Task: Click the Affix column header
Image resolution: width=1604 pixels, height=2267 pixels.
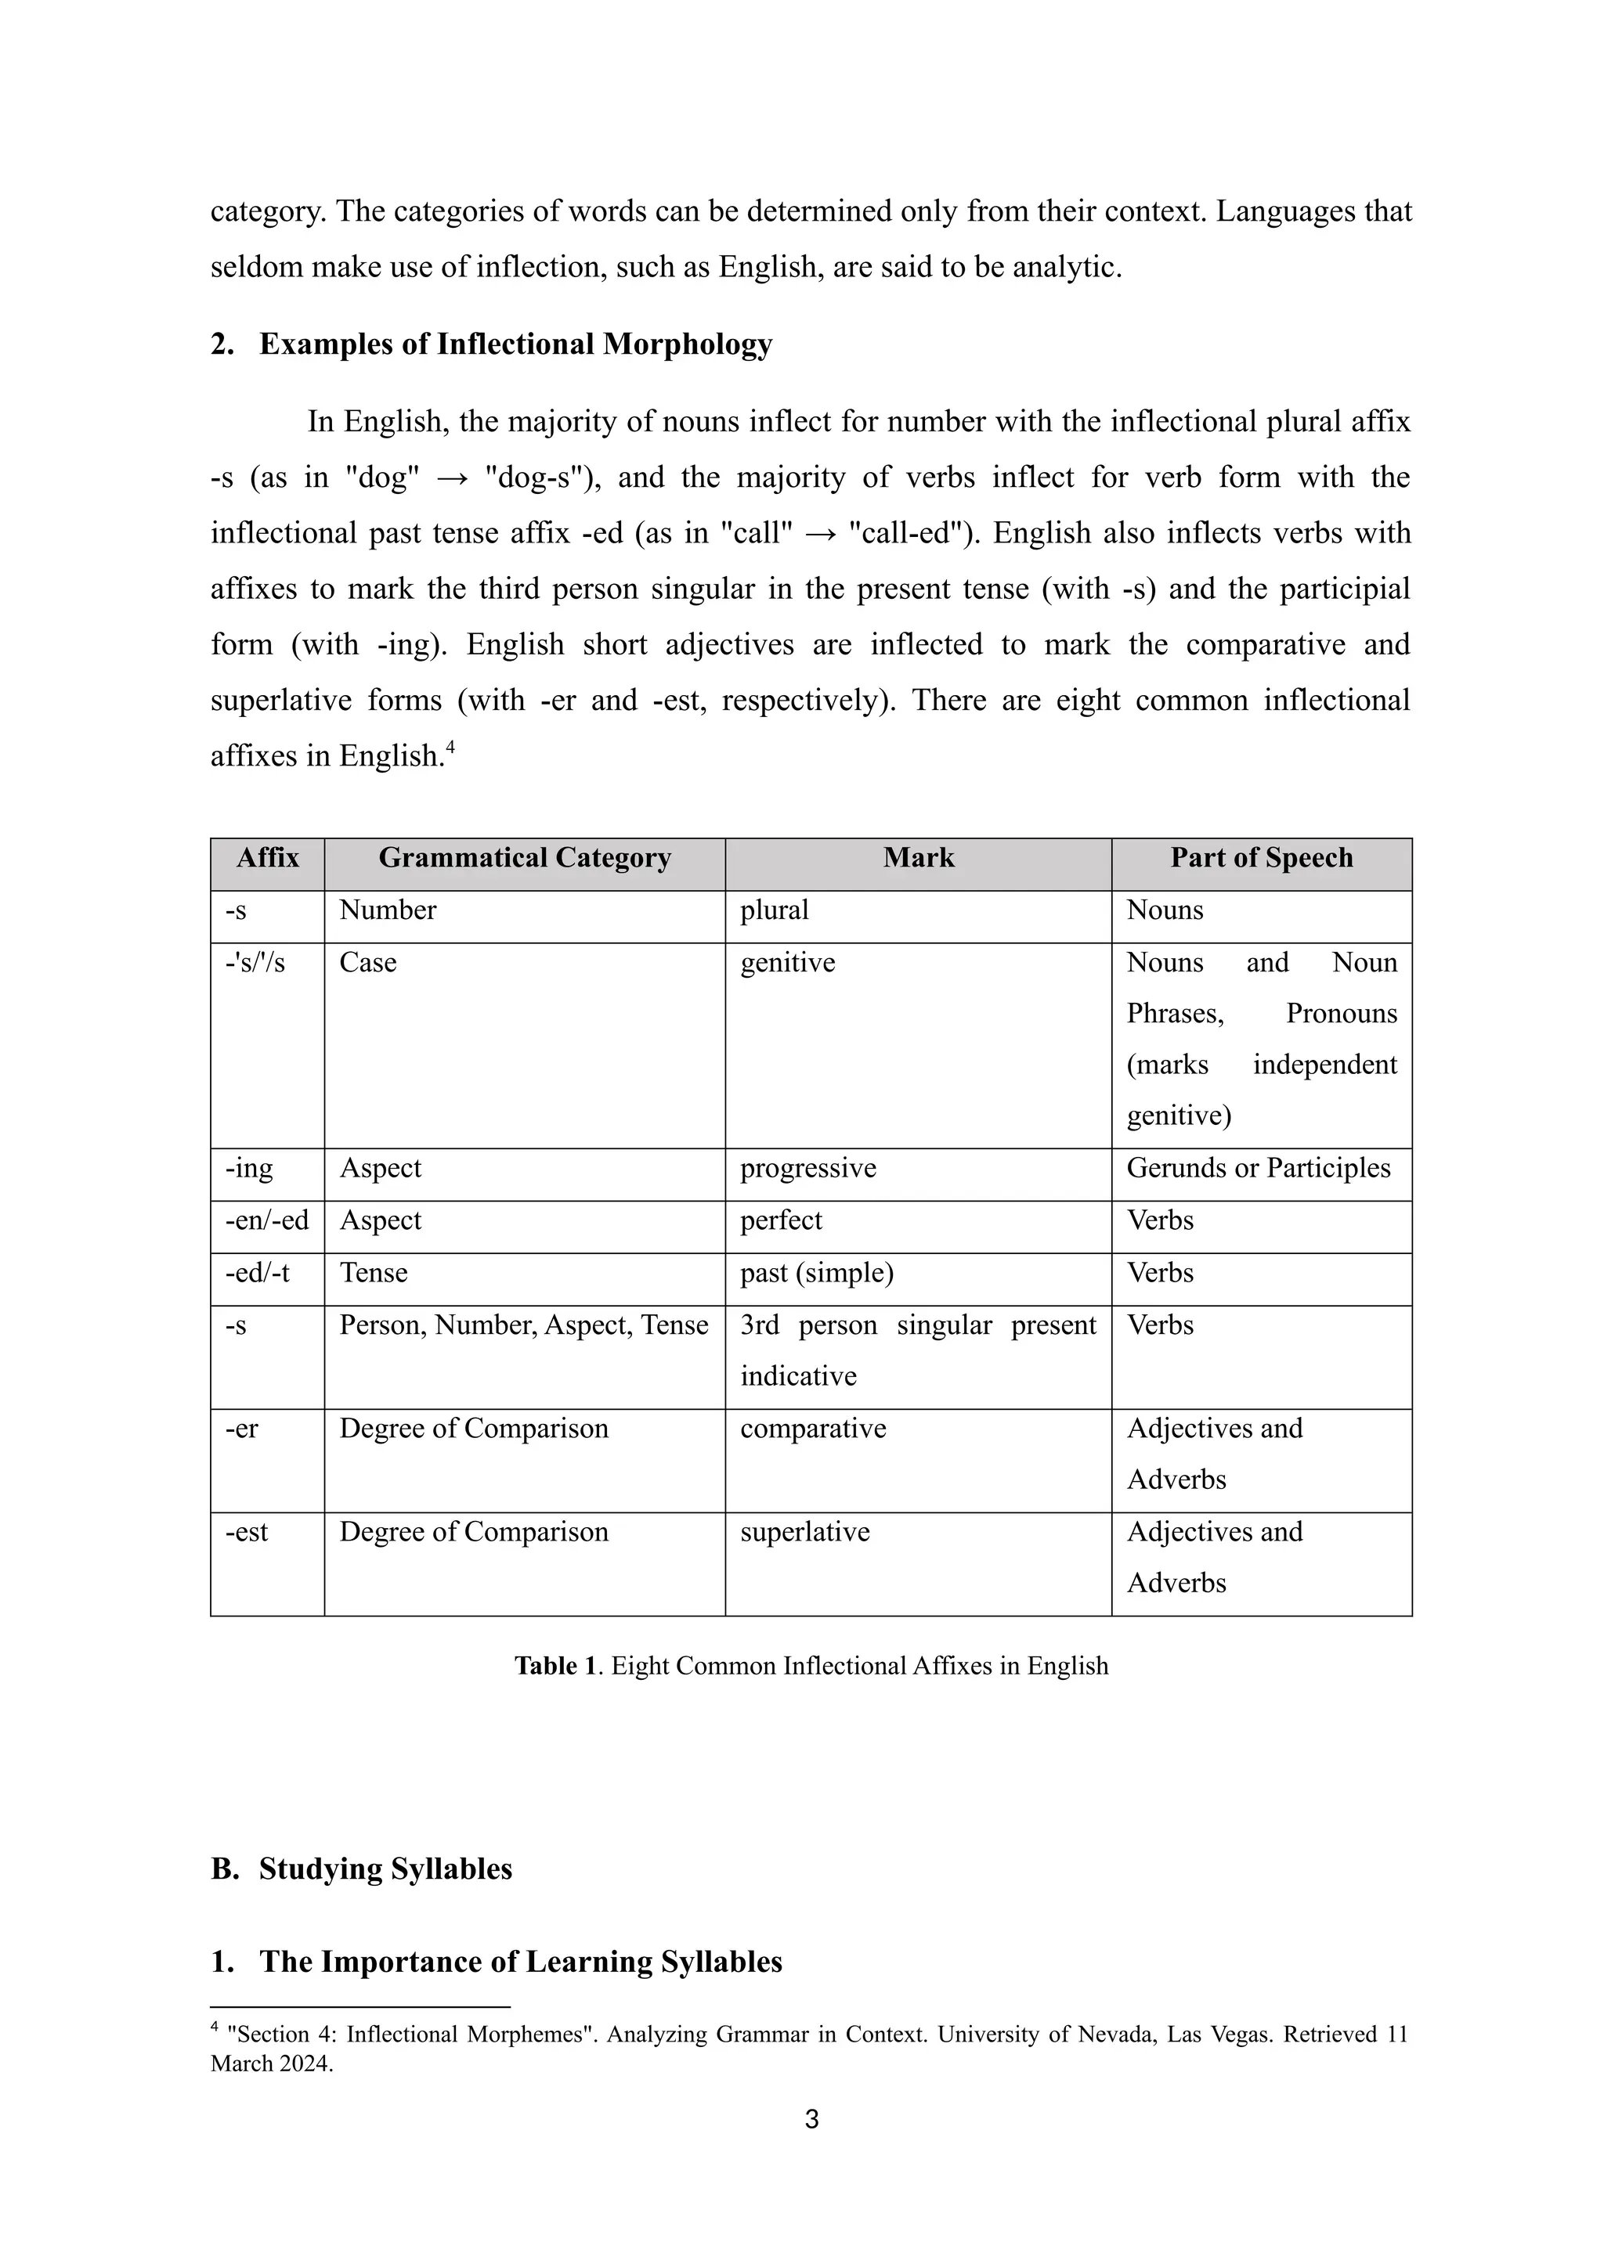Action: click(x=266, y=857)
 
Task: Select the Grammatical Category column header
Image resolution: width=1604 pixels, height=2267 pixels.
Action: click(x=525, y=857)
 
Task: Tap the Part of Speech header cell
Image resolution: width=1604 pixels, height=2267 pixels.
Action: click(x=1260, y=857)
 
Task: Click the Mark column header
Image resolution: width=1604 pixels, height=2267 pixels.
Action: click(x=918, y=857)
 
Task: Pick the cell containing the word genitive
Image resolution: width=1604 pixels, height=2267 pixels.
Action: click(x=787, y=963)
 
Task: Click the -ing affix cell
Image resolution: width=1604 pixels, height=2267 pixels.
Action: click(x=248, y=1168)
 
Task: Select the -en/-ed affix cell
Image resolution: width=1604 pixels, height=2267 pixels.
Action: click(x=266, y=1220)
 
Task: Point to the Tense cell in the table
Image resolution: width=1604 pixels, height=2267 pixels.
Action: click(x=374, y=1273)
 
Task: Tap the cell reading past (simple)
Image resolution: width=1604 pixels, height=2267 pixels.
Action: click(x=816, y=1273)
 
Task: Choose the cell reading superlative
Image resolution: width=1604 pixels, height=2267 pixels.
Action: click(x=804, y=1531)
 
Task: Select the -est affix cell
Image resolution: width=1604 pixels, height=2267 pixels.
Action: click(x=246, y=1531)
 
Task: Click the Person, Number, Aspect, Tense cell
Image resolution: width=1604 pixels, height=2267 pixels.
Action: click(x=523, y=1325)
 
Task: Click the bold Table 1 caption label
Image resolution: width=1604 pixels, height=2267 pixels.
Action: click(x=555, y=1666)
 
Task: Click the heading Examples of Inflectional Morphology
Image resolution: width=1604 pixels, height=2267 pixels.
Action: click(x=515, y=344)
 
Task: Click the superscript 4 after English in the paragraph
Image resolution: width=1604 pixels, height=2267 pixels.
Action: click(x=450, y=748)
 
